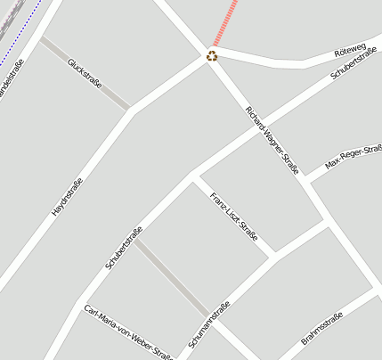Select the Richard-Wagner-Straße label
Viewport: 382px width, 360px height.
click(x=272, y=139)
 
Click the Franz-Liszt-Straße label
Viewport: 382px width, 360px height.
click(x=233, y=217)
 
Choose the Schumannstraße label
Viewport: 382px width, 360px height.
click(x=209, y=325)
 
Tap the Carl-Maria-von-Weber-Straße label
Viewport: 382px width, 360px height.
click(x=127, y=332)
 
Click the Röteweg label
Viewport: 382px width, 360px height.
click(x=350, y=50)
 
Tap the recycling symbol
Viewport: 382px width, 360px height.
click(x=212, y=56)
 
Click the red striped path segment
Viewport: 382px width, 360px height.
click(x=227, y=21)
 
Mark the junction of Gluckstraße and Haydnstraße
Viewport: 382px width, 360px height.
click(x=131, y=110)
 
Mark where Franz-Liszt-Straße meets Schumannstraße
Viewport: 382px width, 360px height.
click(x=273, y=257)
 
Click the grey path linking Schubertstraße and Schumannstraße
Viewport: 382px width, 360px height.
click(x=175, y=277)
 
